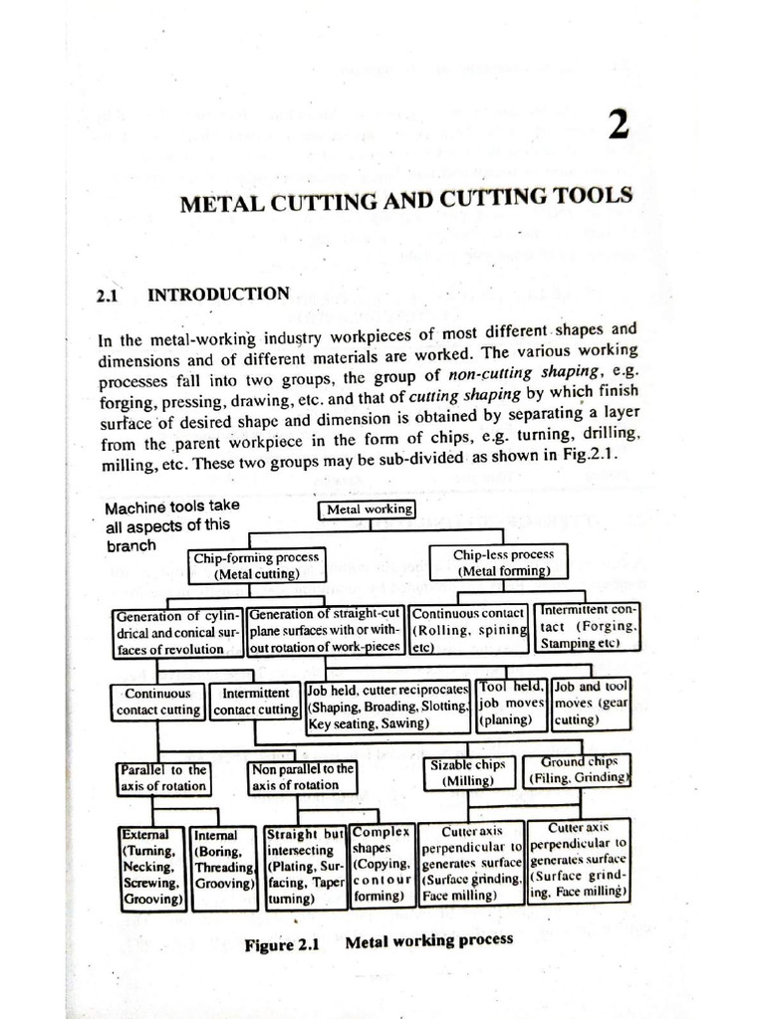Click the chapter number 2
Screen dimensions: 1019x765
coord(616,129)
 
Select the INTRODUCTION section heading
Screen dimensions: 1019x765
coord(218,295)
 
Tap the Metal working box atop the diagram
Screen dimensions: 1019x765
coord(368,510)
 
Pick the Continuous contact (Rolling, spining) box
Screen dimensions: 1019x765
coord(469,629)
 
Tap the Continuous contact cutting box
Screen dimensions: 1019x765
coord(158,702)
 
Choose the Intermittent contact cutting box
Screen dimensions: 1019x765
coord(255,702)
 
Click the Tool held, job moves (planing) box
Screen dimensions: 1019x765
coord(511,702)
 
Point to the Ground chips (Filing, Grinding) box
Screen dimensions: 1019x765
coord(579,769)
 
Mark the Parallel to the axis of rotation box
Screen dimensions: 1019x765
coord(163,777)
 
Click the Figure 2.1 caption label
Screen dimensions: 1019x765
coord(280,945)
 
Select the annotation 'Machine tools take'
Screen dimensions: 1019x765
coord(171,507)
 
